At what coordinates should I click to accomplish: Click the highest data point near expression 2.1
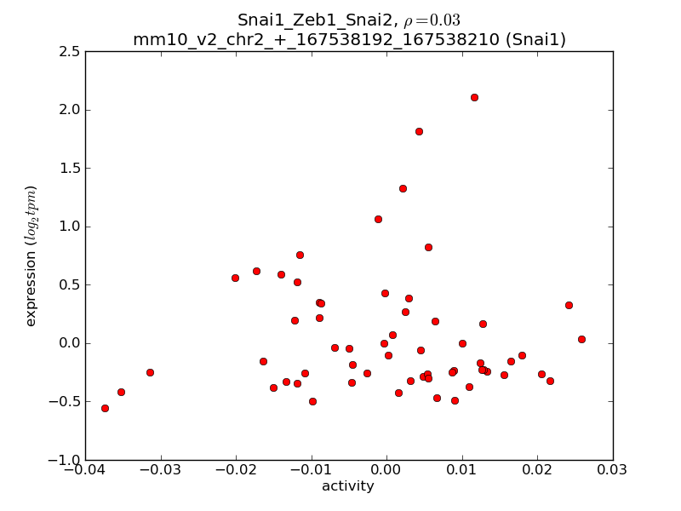click(474, 97)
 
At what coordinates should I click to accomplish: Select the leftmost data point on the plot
click(105, 408)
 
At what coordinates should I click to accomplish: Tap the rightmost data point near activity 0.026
click(581, 339)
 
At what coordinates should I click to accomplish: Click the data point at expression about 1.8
click(419, 131)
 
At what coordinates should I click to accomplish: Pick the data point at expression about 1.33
click(403, 188)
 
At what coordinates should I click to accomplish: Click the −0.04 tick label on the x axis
click(85, 471)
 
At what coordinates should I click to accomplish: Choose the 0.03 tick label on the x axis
click(613, 471)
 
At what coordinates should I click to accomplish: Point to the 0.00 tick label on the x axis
click(386, 471)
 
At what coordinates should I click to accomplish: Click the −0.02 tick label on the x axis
click(236, 471)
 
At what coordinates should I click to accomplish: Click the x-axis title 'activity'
click(348, 486)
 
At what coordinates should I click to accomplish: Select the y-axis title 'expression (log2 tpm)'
click(31, 255)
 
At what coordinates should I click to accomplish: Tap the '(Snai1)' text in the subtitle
click(534, 39)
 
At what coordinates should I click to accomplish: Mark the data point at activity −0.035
click(121, 392)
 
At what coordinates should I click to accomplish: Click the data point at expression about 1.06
click(378, 219)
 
